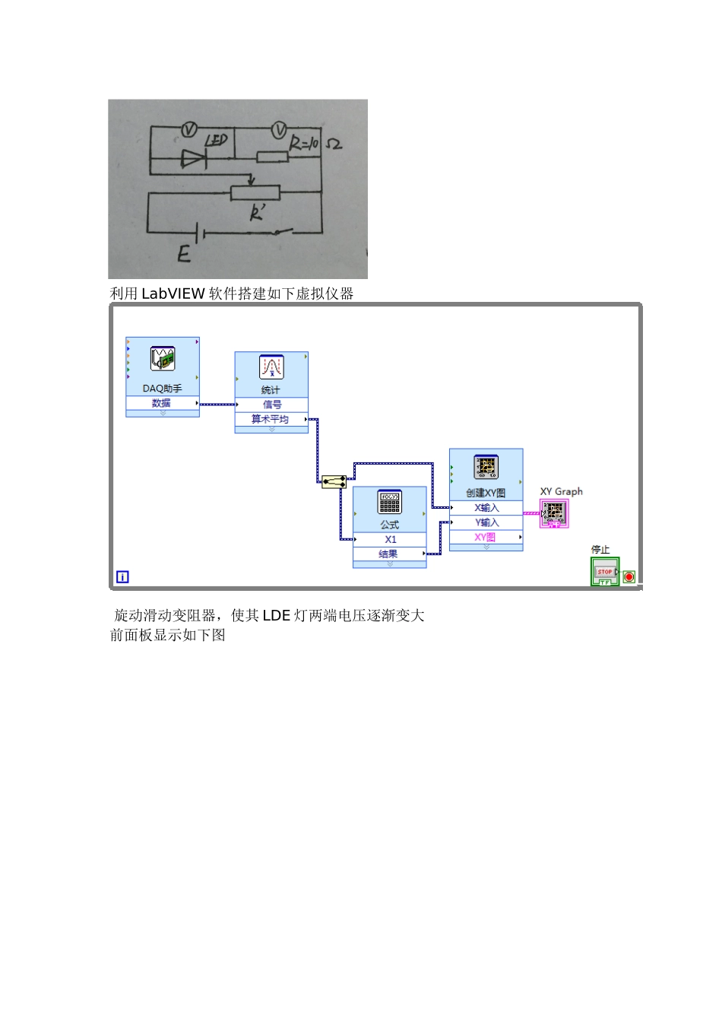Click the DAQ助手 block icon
click(x=163, y=359)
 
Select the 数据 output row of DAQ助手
click(x=162, y=403)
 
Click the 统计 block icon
click(x=271, y=367)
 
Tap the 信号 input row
click(x=271, y=405)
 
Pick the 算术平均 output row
click(x=271, y=419)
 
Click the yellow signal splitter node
click(x=334, y=481)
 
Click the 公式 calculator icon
click(x=389, y=502)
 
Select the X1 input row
click(x=390, y=539)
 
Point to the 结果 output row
click(x=389, y=554)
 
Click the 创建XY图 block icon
click(x=486, y=467)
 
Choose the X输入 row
click(x=486, y=508)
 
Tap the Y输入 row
click(x=486, y=522)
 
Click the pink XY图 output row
click(x=486, y=537)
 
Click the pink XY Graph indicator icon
click(x=554, y=513)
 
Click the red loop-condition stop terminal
click(x=629, y=577)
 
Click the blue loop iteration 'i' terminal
click(x=122, y=577)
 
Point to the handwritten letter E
click(x=184, y=253)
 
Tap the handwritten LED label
click(x=217, y=141)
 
